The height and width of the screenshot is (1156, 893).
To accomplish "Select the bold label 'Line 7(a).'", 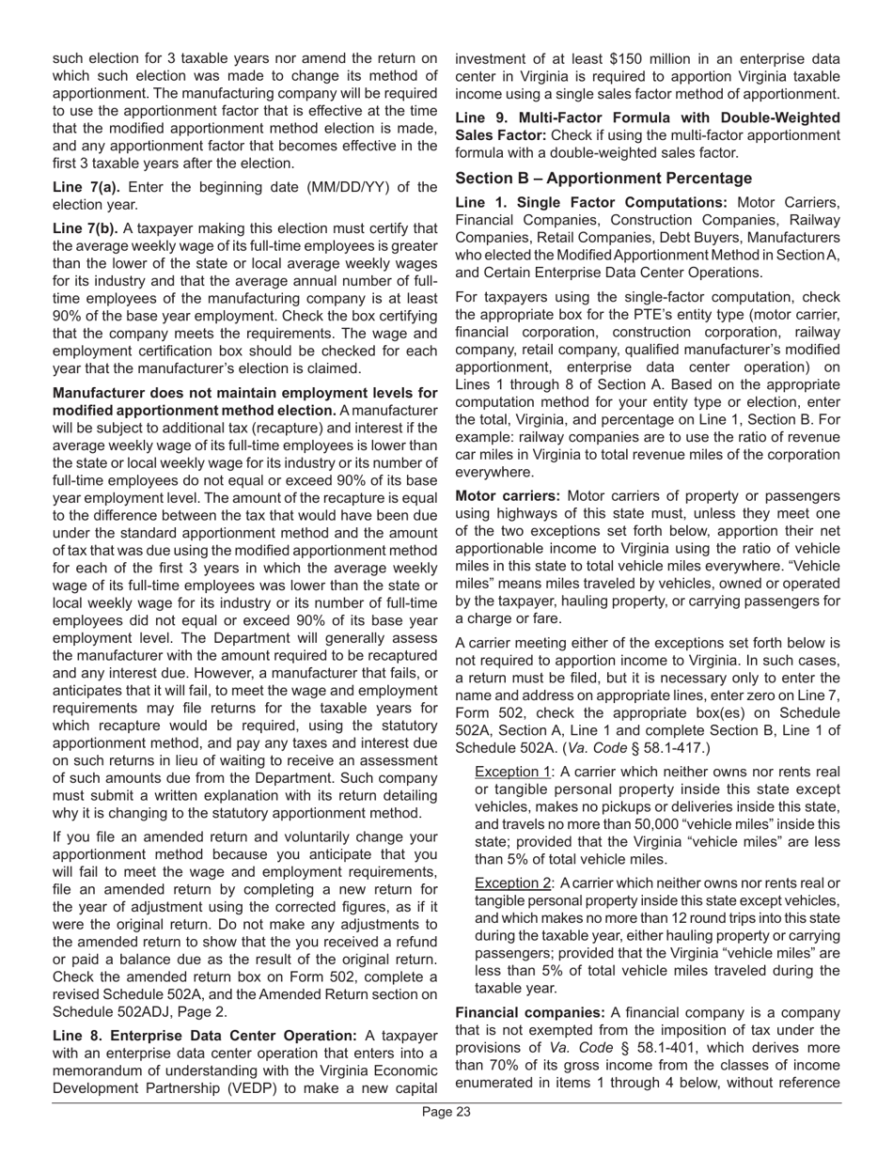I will coord(86,187).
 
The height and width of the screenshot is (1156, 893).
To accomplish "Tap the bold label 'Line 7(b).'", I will coord(86,228).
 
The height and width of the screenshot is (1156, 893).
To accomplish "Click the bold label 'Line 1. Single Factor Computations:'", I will coord(591,202).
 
